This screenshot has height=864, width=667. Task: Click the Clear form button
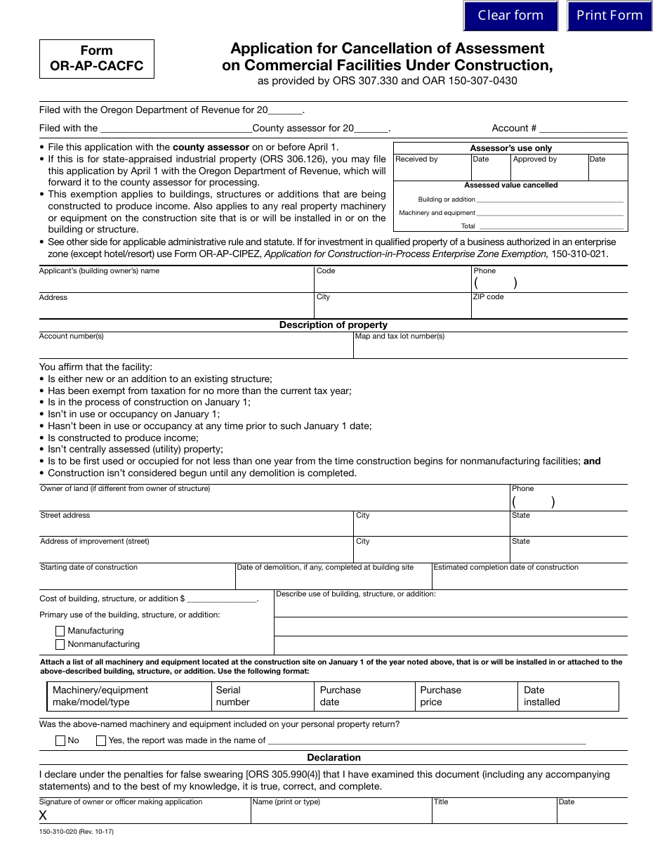click(510, 15)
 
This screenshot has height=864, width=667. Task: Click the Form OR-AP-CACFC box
click(96, 58)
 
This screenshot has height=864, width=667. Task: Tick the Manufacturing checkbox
click(60, 631)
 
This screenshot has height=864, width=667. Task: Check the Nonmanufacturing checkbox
click(60, 644)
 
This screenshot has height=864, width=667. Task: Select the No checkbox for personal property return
click(60, 740)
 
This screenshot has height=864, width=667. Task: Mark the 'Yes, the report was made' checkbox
click(101, 740)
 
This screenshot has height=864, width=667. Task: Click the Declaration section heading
click(333, 757)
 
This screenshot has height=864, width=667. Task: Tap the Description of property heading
click(333, 325)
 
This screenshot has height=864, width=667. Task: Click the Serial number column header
click(232, 696)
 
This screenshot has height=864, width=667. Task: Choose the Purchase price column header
click(440, 696)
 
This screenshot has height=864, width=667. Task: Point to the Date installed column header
click(542, 696)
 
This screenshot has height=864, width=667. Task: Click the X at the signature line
click(44, 816)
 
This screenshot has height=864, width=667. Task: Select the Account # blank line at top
click(583, 129)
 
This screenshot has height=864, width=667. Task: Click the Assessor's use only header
click(510, 148)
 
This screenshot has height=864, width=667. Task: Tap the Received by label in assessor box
click(416, 159)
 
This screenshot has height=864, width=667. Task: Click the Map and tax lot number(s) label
click(400, 336)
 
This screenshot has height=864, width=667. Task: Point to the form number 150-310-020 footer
click(76, 832)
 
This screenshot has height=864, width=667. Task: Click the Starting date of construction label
click(89, 568)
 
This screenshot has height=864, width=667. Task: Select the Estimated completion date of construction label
click(506, 568)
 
